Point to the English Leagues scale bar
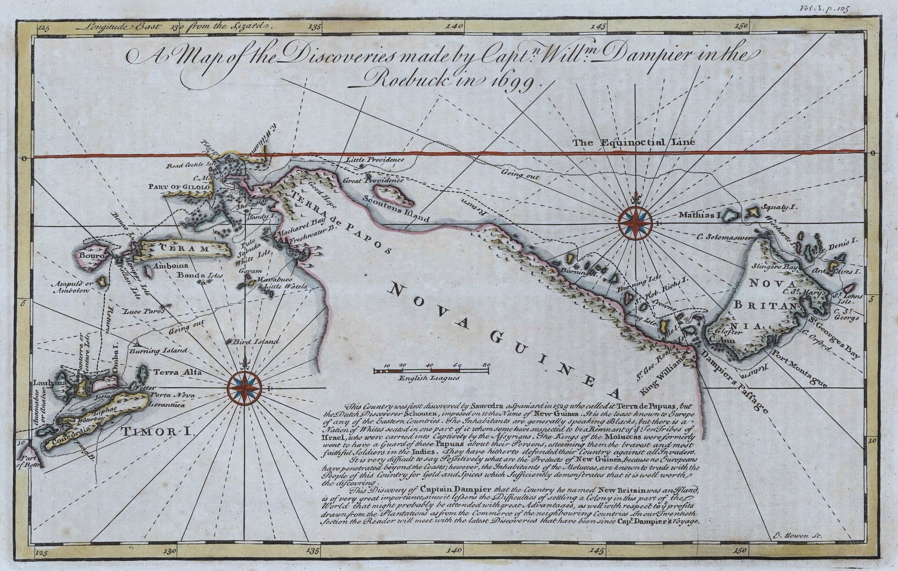[431, 371]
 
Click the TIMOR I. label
[157, 432]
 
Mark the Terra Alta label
[171, 372]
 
